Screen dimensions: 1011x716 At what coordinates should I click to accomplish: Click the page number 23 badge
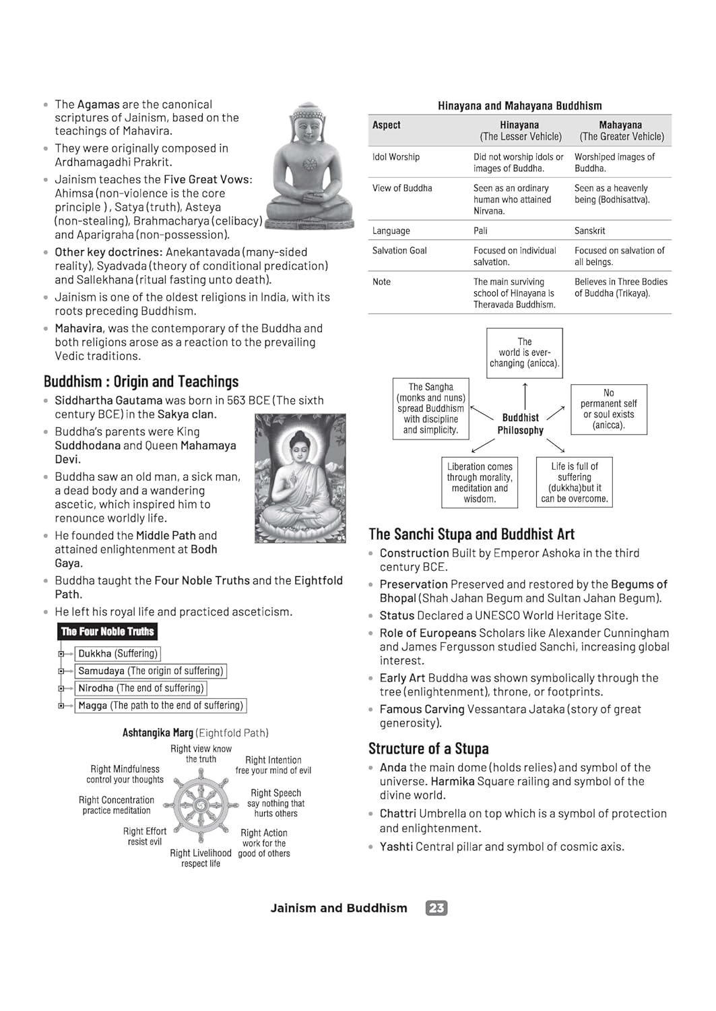point(436,908)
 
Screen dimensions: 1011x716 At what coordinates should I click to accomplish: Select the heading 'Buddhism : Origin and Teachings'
point(141,381)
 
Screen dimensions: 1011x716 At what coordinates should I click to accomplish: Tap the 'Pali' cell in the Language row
point(480,231)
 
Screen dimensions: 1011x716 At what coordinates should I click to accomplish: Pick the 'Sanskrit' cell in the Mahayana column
point(589,231)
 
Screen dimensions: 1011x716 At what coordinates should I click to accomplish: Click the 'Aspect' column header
point(387,125)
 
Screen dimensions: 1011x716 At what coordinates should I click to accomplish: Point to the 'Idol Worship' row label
point(396,157)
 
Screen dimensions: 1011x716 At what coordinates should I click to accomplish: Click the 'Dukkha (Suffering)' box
point(118,653)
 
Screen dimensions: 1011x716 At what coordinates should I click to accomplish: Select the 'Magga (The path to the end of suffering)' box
point(160,705)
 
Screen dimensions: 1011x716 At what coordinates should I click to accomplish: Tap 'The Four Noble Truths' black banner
point(107,632)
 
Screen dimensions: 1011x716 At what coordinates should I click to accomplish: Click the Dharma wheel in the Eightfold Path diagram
point(201,805)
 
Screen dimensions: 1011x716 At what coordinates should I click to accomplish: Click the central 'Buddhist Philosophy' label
point(520,424)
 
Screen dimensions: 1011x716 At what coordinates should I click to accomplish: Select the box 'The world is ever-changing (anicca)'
point(525,353)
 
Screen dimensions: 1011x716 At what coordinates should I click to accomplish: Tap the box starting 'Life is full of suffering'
point(574,483)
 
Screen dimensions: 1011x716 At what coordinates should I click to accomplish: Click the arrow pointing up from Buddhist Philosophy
point(525,395)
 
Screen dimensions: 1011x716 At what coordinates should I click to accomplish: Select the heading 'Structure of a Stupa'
point(428,749)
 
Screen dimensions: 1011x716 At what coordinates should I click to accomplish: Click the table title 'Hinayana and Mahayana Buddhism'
point(519,106)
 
